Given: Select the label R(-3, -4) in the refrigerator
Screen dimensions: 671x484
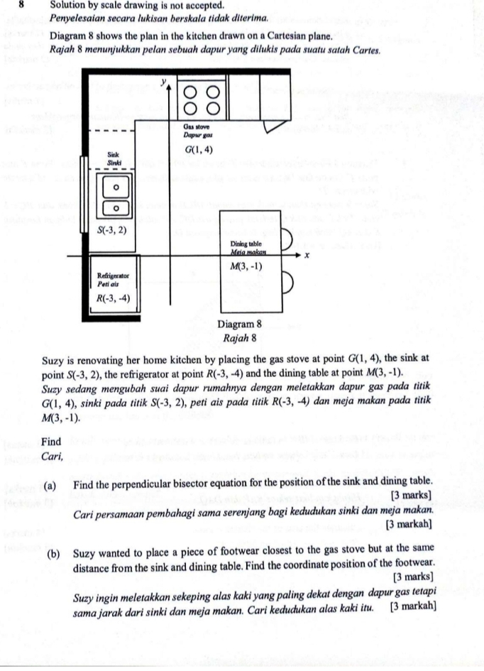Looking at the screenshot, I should [x=114, y=298].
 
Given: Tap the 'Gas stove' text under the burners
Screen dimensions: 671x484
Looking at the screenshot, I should [x=194, y=126].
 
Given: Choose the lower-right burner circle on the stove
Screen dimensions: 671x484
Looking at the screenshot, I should [x=214, y=110].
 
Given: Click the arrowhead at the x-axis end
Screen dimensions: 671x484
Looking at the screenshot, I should [x=297, y=256].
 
